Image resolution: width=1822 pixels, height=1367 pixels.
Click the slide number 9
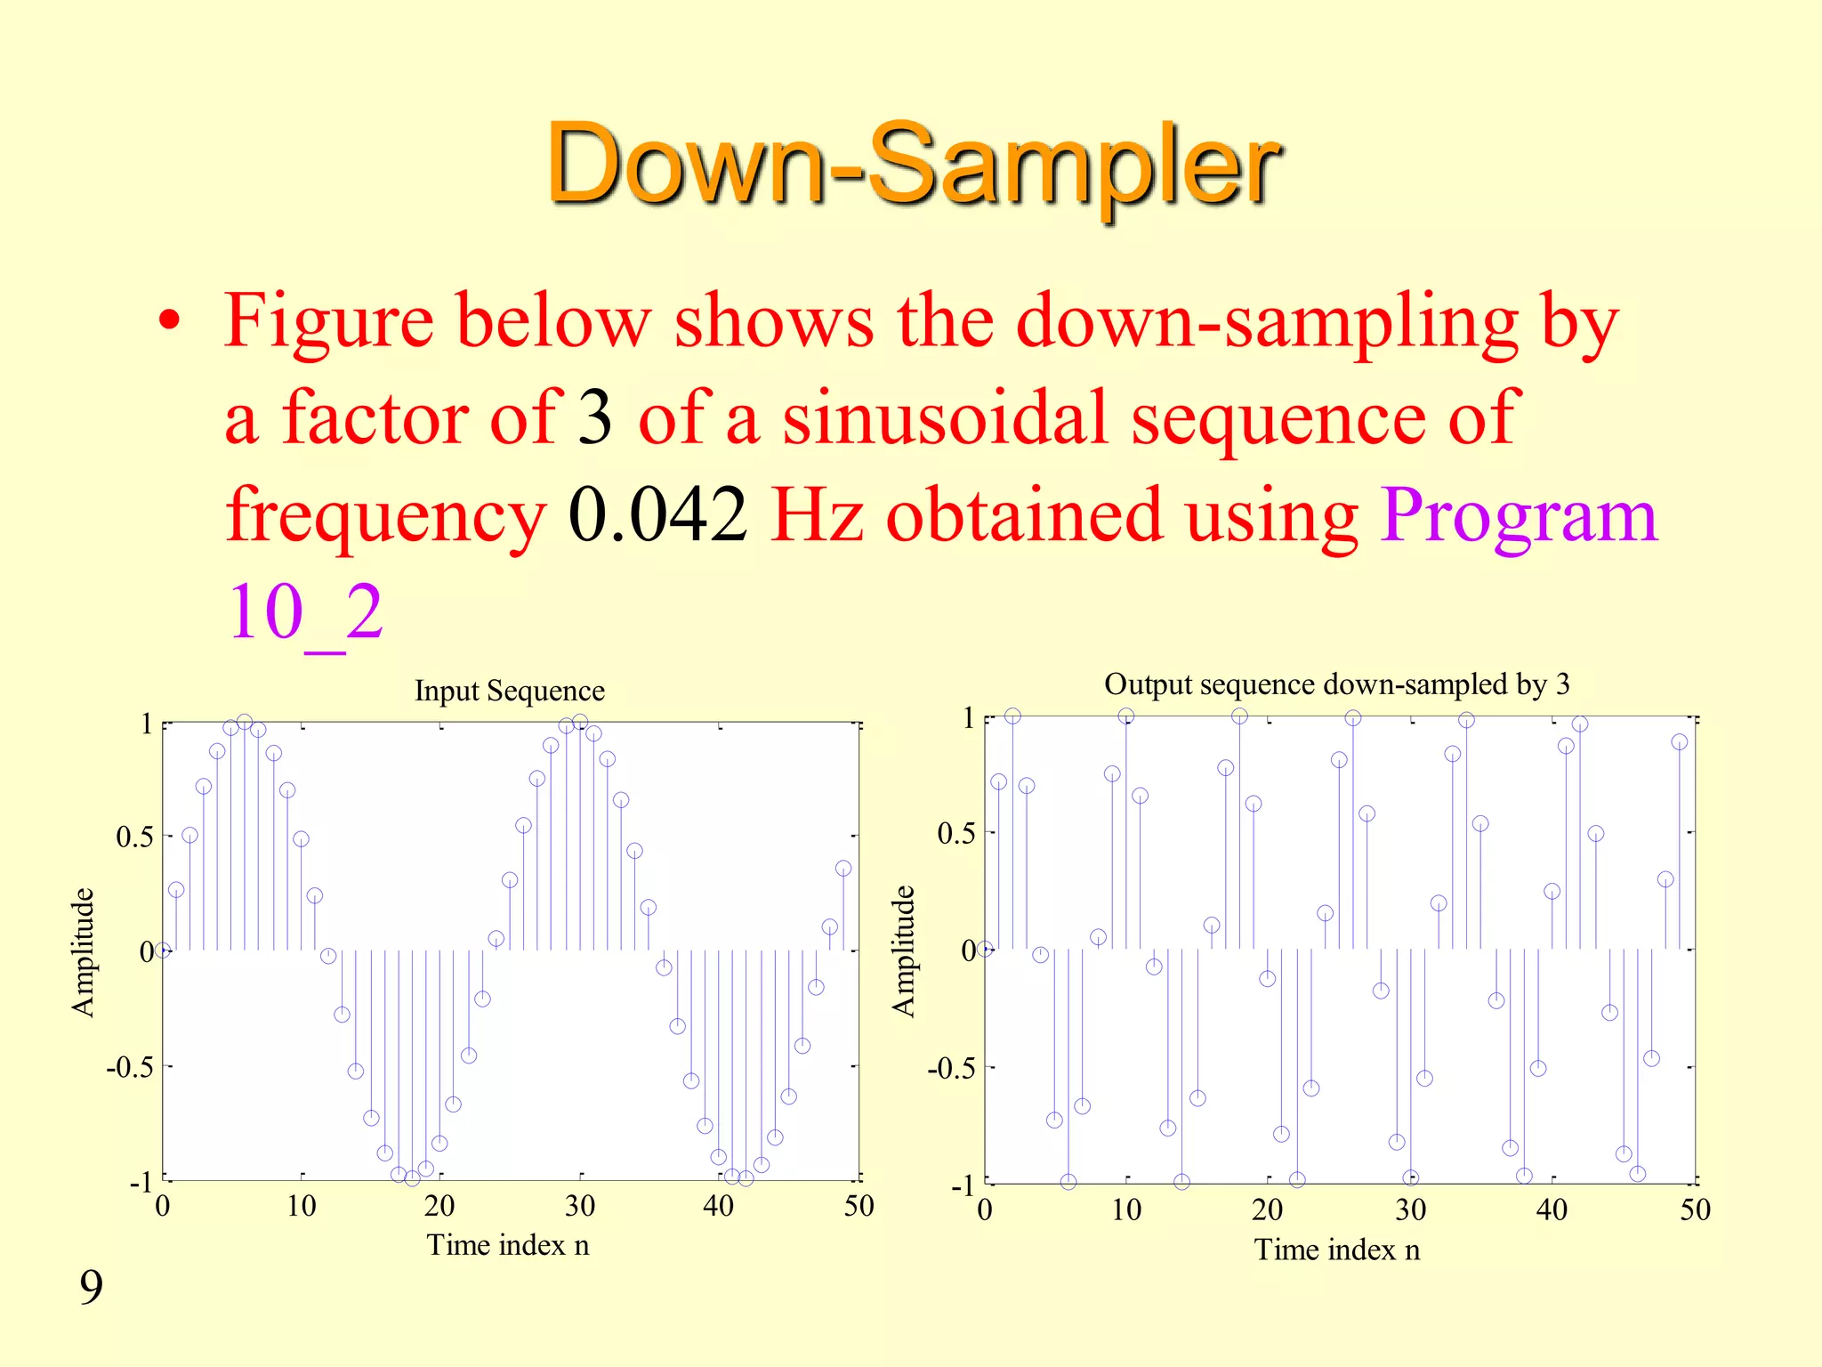pos(91,1287)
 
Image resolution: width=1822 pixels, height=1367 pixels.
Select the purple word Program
pos(1520,516)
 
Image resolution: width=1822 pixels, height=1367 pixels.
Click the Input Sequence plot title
pos(509,691)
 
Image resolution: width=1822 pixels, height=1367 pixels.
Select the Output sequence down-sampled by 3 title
pos(1336,683)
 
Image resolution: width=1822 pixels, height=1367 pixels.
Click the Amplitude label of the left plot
pos(83,951)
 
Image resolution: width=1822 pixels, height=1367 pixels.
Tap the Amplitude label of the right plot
pos(903,950)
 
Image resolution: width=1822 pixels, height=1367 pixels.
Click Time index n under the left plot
pos(507,1244)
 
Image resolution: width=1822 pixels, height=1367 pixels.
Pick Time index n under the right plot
pos(1336,1250)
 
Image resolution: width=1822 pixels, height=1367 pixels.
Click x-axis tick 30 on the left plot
pos(579,1206)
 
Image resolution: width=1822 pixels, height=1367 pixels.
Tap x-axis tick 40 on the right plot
pos(1552,1209)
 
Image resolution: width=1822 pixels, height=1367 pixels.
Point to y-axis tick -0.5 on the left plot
pos(130,1066)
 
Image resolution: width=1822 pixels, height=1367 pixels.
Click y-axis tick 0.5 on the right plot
pos(955,834)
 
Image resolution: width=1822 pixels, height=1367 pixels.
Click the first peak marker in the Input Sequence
pos(245,722)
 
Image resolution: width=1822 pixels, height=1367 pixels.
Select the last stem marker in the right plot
pos(1679,742)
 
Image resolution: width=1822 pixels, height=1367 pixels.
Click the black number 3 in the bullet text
pos(594,418)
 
